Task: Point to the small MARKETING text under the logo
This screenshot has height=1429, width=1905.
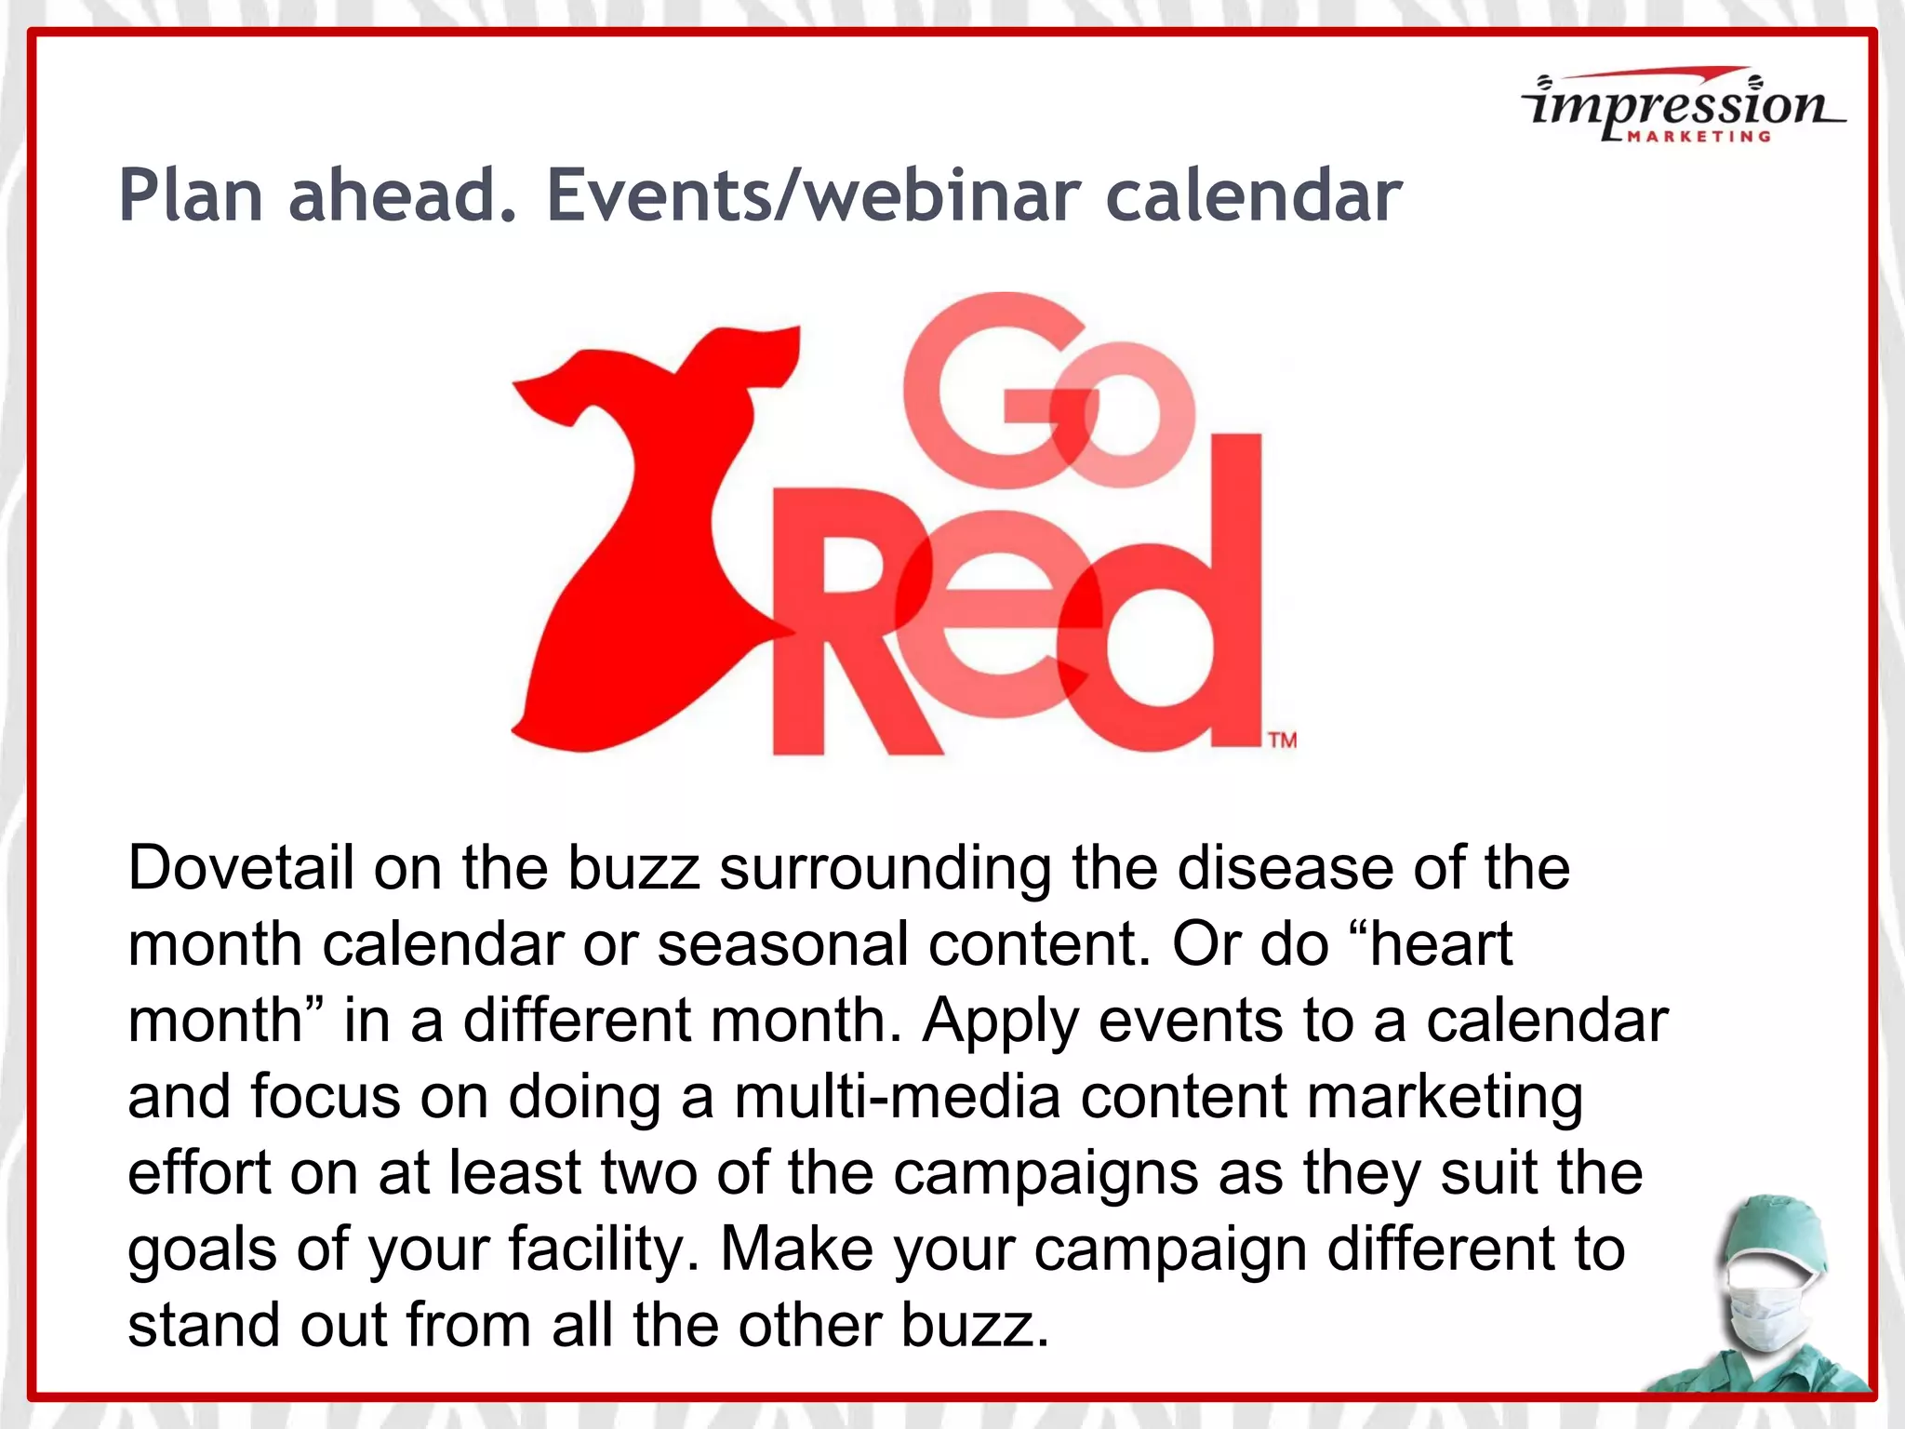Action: [x=1699, y=137]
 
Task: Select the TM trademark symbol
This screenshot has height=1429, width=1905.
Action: [x=1283, y=741]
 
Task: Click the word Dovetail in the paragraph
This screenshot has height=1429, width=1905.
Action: [x=240, y=868]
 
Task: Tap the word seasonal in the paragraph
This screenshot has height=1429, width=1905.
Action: [x=782, y=944]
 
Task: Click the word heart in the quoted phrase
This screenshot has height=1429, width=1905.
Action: [x=1441, y=944]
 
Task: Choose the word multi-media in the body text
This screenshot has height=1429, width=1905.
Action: [x=897, y=1097]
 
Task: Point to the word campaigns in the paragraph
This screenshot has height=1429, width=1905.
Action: [x=1046, y=1173]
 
